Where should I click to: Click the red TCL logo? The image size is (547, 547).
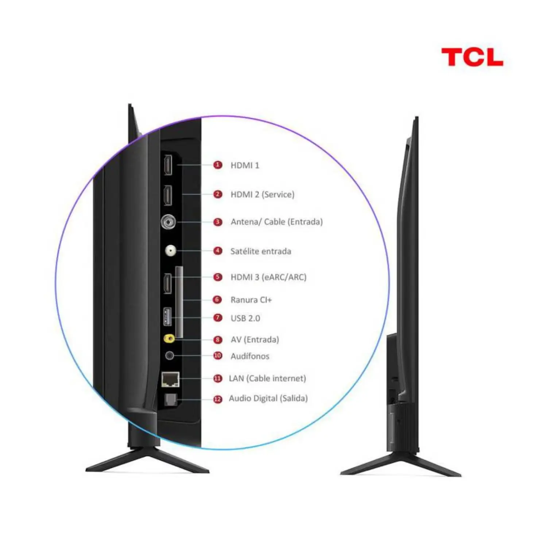(x=472, y=57)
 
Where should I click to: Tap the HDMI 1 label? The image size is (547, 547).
(x=245, y=166)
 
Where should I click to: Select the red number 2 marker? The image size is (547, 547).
(x=218, y=194)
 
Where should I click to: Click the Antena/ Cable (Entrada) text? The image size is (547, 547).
(x=276, y=222)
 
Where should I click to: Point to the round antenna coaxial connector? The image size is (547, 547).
(x=168, y=222)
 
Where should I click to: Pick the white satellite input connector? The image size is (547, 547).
(x=170, y=251)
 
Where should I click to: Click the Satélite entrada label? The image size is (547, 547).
(x=261, y=251)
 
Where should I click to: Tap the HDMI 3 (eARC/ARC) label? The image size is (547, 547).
(x=268, y=277)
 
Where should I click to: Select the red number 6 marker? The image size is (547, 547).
(x=218, y=300)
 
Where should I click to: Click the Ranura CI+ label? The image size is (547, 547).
(x=251, y=300)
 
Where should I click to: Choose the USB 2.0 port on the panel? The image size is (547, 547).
(x=167, y=317)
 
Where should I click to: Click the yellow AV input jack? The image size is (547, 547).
(x=169, y=339)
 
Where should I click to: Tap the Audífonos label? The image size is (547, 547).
(x=250, y=356)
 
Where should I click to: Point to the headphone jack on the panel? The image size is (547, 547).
(x=169, y=355)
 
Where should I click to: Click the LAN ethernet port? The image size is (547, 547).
(x=170, y=379)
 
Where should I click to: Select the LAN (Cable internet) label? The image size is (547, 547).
(x=267, y=379)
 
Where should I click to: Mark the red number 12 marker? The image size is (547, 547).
(x=218, y=399)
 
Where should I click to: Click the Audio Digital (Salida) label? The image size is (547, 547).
(x=268, y=398)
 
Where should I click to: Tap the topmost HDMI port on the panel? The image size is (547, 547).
(x=168, y=165)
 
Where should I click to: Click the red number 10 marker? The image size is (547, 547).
(x=218, y=356)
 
